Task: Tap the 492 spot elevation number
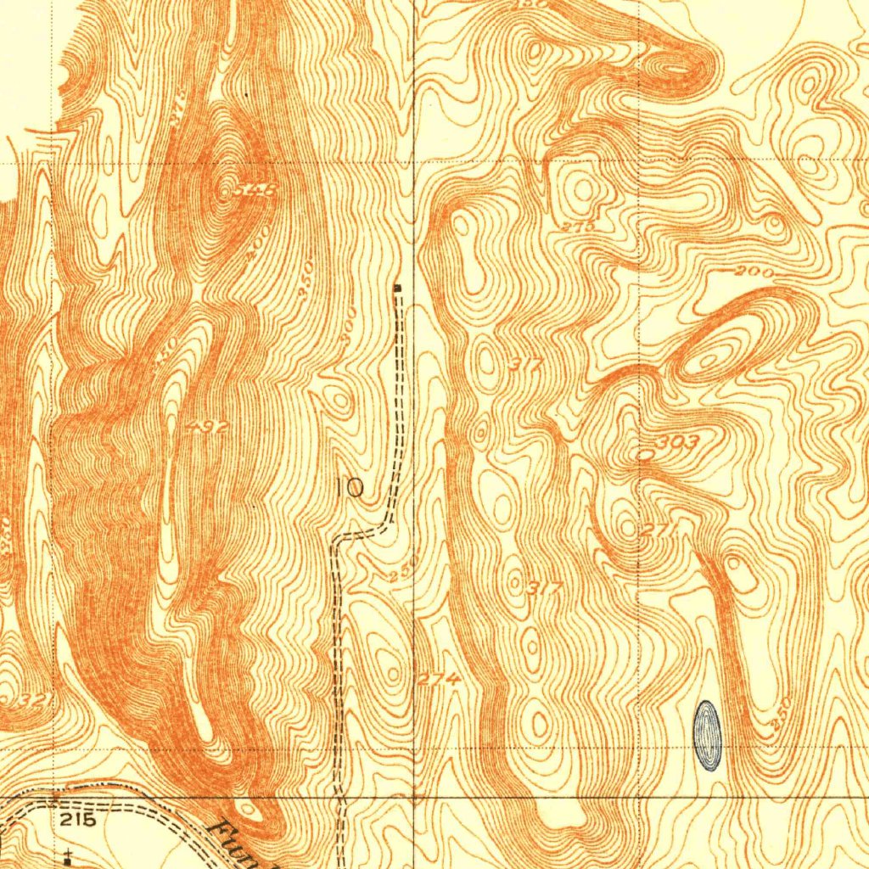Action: pos(208,428)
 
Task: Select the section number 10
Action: pos(349,488)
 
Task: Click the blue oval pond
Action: pos(707,735)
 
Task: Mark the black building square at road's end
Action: pos(397,289)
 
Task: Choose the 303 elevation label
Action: pos(679,443)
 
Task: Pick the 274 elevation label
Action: pos(440,679)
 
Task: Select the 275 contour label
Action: pos(578,227)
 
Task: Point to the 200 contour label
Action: pos(754,272)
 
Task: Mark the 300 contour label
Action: pos(346,334)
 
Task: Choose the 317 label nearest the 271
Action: pos(544,587)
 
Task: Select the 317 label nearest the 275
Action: pos(526,365)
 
